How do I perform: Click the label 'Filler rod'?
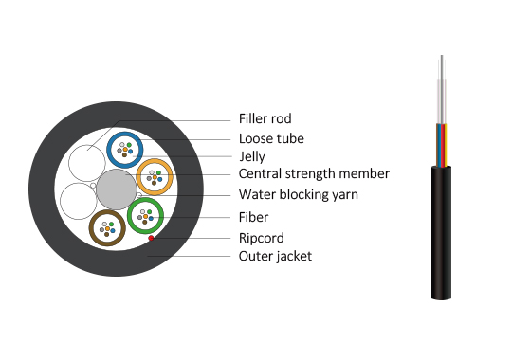[265, 118]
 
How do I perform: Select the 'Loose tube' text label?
[271, 138]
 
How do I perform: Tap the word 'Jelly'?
[252, 156]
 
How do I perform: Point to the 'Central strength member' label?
[314, 173]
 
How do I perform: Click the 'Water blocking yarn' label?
[299, 194]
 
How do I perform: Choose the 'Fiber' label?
[253, 217]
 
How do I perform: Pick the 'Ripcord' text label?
[262, 238]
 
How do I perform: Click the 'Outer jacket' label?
[275, 256]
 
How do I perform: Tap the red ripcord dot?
[151, 238]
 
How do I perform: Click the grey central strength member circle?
[117, 189]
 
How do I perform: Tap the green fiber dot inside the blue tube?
[129, 145]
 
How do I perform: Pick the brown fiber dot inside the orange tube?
[155, 183]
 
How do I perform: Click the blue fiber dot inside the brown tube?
[113, 231]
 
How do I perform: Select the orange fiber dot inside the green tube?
[145, 216]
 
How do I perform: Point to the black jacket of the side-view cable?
[441, 233]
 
